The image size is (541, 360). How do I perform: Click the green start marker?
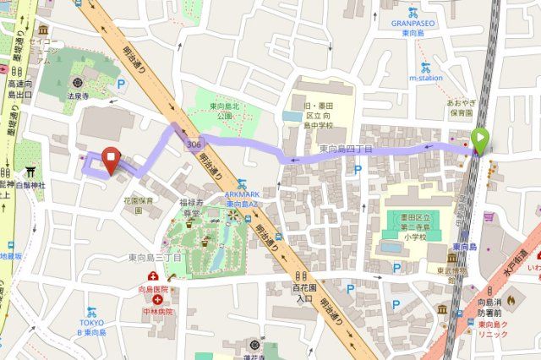point(480,140)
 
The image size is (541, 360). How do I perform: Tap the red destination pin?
point(111,158)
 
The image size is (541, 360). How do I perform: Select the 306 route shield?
point(195,145)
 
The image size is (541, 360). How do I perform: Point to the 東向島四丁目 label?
point(346,149)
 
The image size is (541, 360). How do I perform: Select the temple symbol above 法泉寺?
point(78,83)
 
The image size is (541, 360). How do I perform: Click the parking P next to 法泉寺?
point(122,84)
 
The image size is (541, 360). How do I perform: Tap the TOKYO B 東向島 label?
point(90,328)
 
